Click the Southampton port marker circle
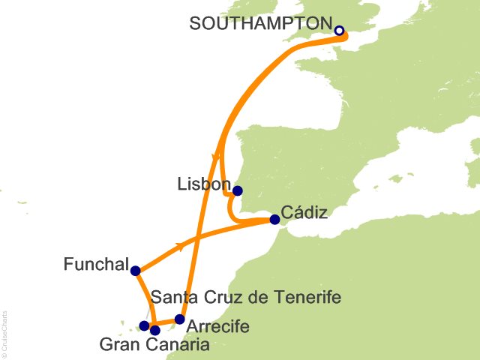pyautogui.click(x=339, y=31)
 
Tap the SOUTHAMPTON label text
pyautogui.click(x=259, y=23)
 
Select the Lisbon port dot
pyautogui.click(x=238, y=190)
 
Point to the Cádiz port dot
pyautogui.click(x=274, y=220)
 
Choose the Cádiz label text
pyautogui.click(x=304, y=212)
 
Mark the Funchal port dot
pyautogui.click(x=135, y=271)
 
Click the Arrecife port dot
pyautogui.click(x=179, y=319)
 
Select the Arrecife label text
pyautogui.click(x=217, y=327)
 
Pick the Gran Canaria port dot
pyautogui.click(x=155, y=329)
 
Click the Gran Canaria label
pyautogui.click(x=154, y=345)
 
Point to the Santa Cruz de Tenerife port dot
pyautogui.click(x=144, y=325)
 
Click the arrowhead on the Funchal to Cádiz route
pyautogui.click(x=180, y=245)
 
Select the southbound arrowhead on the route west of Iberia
pyautogui.click(x=217, y=157)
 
